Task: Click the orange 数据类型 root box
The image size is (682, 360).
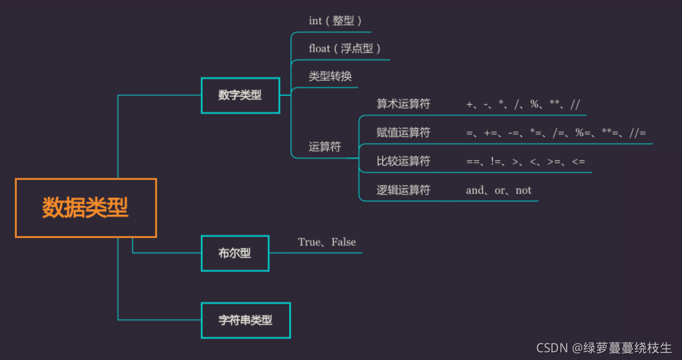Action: [86, 208]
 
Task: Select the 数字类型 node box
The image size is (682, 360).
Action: [240, 95]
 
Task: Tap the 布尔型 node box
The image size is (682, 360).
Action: [235, 253]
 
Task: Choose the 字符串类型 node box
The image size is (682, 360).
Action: [246, 320]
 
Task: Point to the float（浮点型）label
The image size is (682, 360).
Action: [345, 49]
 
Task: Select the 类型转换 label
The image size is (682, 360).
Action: [330, 77]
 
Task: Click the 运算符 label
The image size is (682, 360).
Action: [325, 147]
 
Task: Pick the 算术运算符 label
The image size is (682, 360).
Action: [403, 104]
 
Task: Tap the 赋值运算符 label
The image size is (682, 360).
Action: [403, 133]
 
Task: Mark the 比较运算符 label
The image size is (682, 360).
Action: [403, 161]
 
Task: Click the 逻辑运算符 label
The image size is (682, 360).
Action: [403, 190]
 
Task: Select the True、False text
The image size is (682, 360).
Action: [327, 242]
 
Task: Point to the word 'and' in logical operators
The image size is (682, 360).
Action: [475, 190]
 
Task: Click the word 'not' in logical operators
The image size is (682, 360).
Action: [523, 190]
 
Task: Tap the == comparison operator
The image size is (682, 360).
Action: [473, 162]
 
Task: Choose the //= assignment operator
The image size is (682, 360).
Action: [637, 133]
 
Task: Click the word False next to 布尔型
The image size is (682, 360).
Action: [344, 242]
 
